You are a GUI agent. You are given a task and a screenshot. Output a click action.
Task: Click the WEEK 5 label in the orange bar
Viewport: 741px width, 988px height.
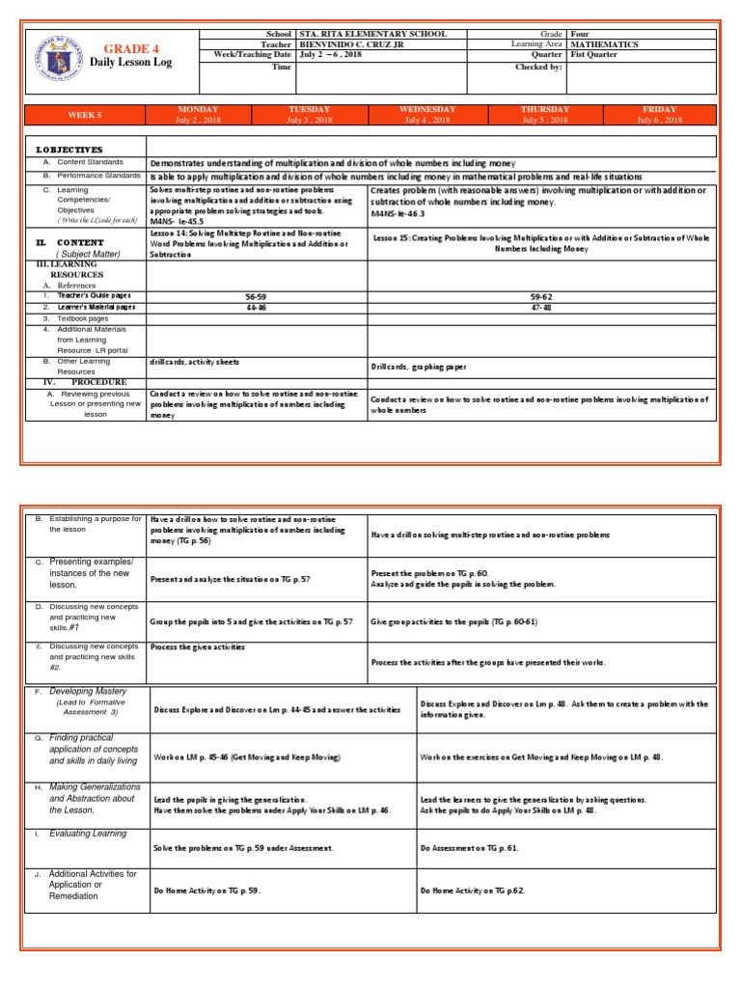point(84,115)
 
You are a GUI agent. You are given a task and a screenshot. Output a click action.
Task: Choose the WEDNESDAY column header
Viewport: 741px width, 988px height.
point(427,110)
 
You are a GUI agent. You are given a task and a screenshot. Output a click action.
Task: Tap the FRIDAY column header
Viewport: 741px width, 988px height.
point(660,110)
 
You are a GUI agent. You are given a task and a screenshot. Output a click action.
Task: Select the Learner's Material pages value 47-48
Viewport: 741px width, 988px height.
point(540,307)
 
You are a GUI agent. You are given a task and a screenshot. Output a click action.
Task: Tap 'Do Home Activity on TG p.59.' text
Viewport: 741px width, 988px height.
point(207,891)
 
